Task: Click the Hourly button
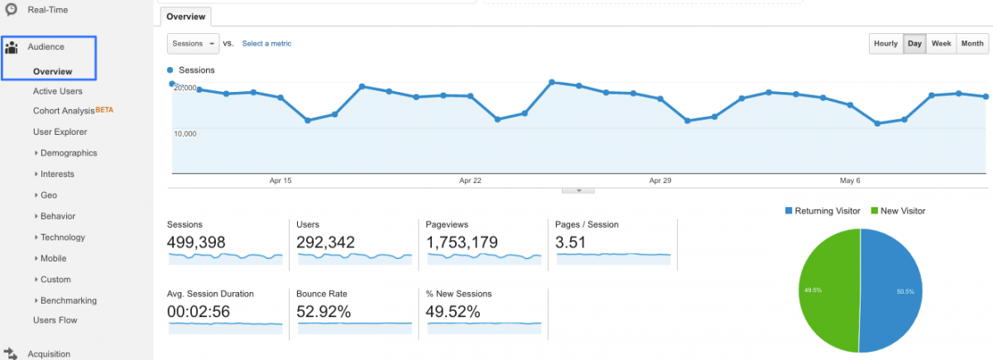885,44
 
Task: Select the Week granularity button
941,44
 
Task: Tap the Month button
972,44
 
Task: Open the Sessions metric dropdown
193,44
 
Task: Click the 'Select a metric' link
266,44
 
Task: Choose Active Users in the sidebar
58,91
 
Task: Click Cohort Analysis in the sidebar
64,111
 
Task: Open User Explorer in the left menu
60,132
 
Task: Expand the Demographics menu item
68,153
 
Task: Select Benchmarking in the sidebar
68,300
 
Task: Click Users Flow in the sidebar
55,320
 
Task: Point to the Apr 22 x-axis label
471,180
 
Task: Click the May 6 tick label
850,180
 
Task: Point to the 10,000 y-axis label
185,133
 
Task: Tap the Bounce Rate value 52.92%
324,312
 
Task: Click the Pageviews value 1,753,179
462,242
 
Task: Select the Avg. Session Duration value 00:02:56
199,312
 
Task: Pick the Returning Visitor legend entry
823,211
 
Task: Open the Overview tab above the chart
186,17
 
